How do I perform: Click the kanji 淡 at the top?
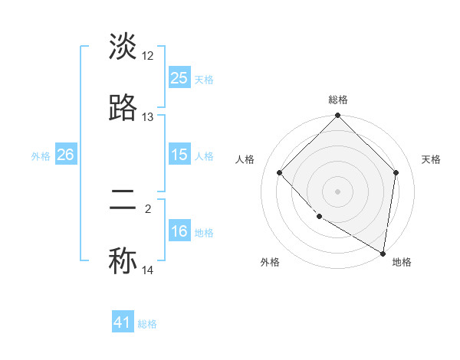123,47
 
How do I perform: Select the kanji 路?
123,109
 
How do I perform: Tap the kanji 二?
123,201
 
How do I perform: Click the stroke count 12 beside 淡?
148,56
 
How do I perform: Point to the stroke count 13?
148,117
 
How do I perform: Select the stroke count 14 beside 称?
148,270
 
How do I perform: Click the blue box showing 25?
179,78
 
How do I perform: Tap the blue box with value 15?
179,155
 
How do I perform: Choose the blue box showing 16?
179,231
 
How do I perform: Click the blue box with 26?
66,155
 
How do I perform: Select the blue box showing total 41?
123,322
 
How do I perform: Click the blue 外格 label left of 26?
41,155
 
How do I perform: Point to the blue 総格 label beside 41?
148,324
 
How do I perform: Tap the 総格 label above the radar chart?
338,100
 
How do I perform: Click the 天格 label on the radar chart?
431,159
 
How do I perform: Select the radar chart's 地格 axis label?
402,263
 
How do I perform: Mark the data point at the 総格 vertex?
338,116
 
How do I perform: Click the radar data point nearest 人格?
280,172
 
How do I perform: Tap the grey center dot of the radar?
338,191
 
